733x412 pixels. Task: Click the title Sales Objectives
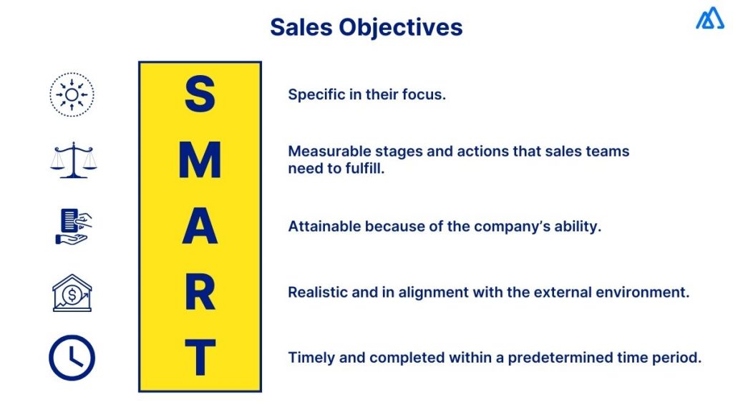pyautogui.click(x=366, y=27)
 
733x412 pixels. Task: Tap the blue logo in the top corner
pyautogui.click(x=709, y=18)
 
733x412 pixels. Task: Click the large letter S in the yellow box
pyautogui.click(x=200, y=95)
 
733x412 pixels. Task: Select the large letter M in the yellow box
pyautogui.click(x=200, y=161)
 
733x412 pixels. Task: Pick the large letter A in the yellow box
pyautogui.click(x=200, y=227)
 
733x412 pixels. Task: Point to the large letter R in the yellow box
pyautogui.click(x=200, y=292)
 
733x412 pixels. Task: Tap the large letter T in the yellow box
pyautogui.click(x=200, y=357)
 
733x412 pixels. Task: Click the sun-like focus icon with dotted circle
pyautogui.click(x=72, y=94)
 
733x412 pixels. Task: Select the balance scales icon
pyautogui.click(x=73, y=160)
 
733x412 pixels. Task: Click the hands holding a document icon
pyautogui.click(x=73, y=226)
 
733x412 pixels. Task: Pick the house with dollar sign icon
pyautogui.click(x=72, y=293)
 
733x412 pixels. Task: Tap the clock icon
pyautogui.click(x=72, y=358)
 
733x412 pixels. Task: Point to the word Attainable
pyautogui.click(x=324, y=227)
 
